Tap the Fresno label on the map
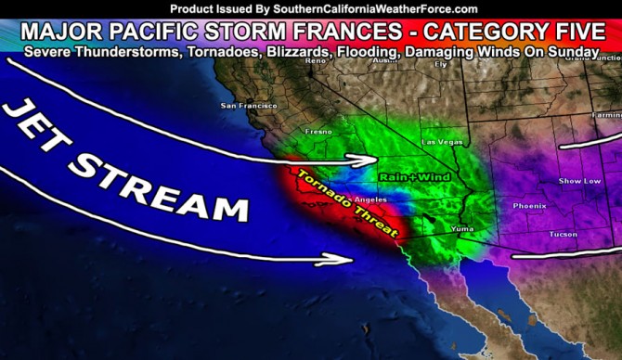(x=317, y=132)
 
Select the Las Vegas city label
(x=439, y=142)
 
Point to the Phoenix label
(x=529, y=205)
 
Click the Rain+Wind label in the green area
(x=406, y=174)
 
